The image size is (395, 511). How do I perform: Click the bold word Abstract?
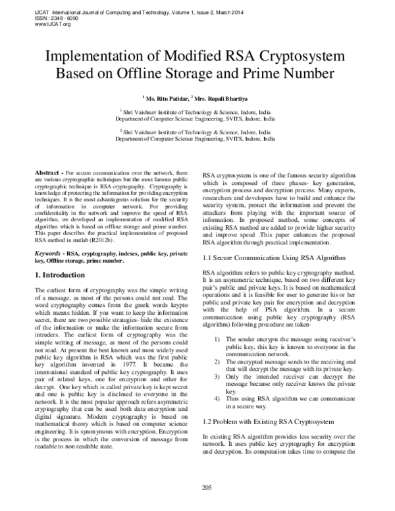pos(46,171)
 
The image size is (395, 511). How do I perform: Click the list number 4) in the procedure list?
pos(217,398)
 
